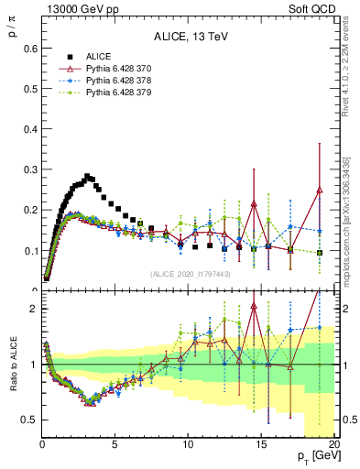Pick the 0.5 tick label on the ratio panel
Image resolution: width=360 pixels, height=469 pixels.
(27, 420)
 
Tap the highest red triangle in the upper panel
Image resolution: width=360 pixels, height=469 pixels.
(319, 190)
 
